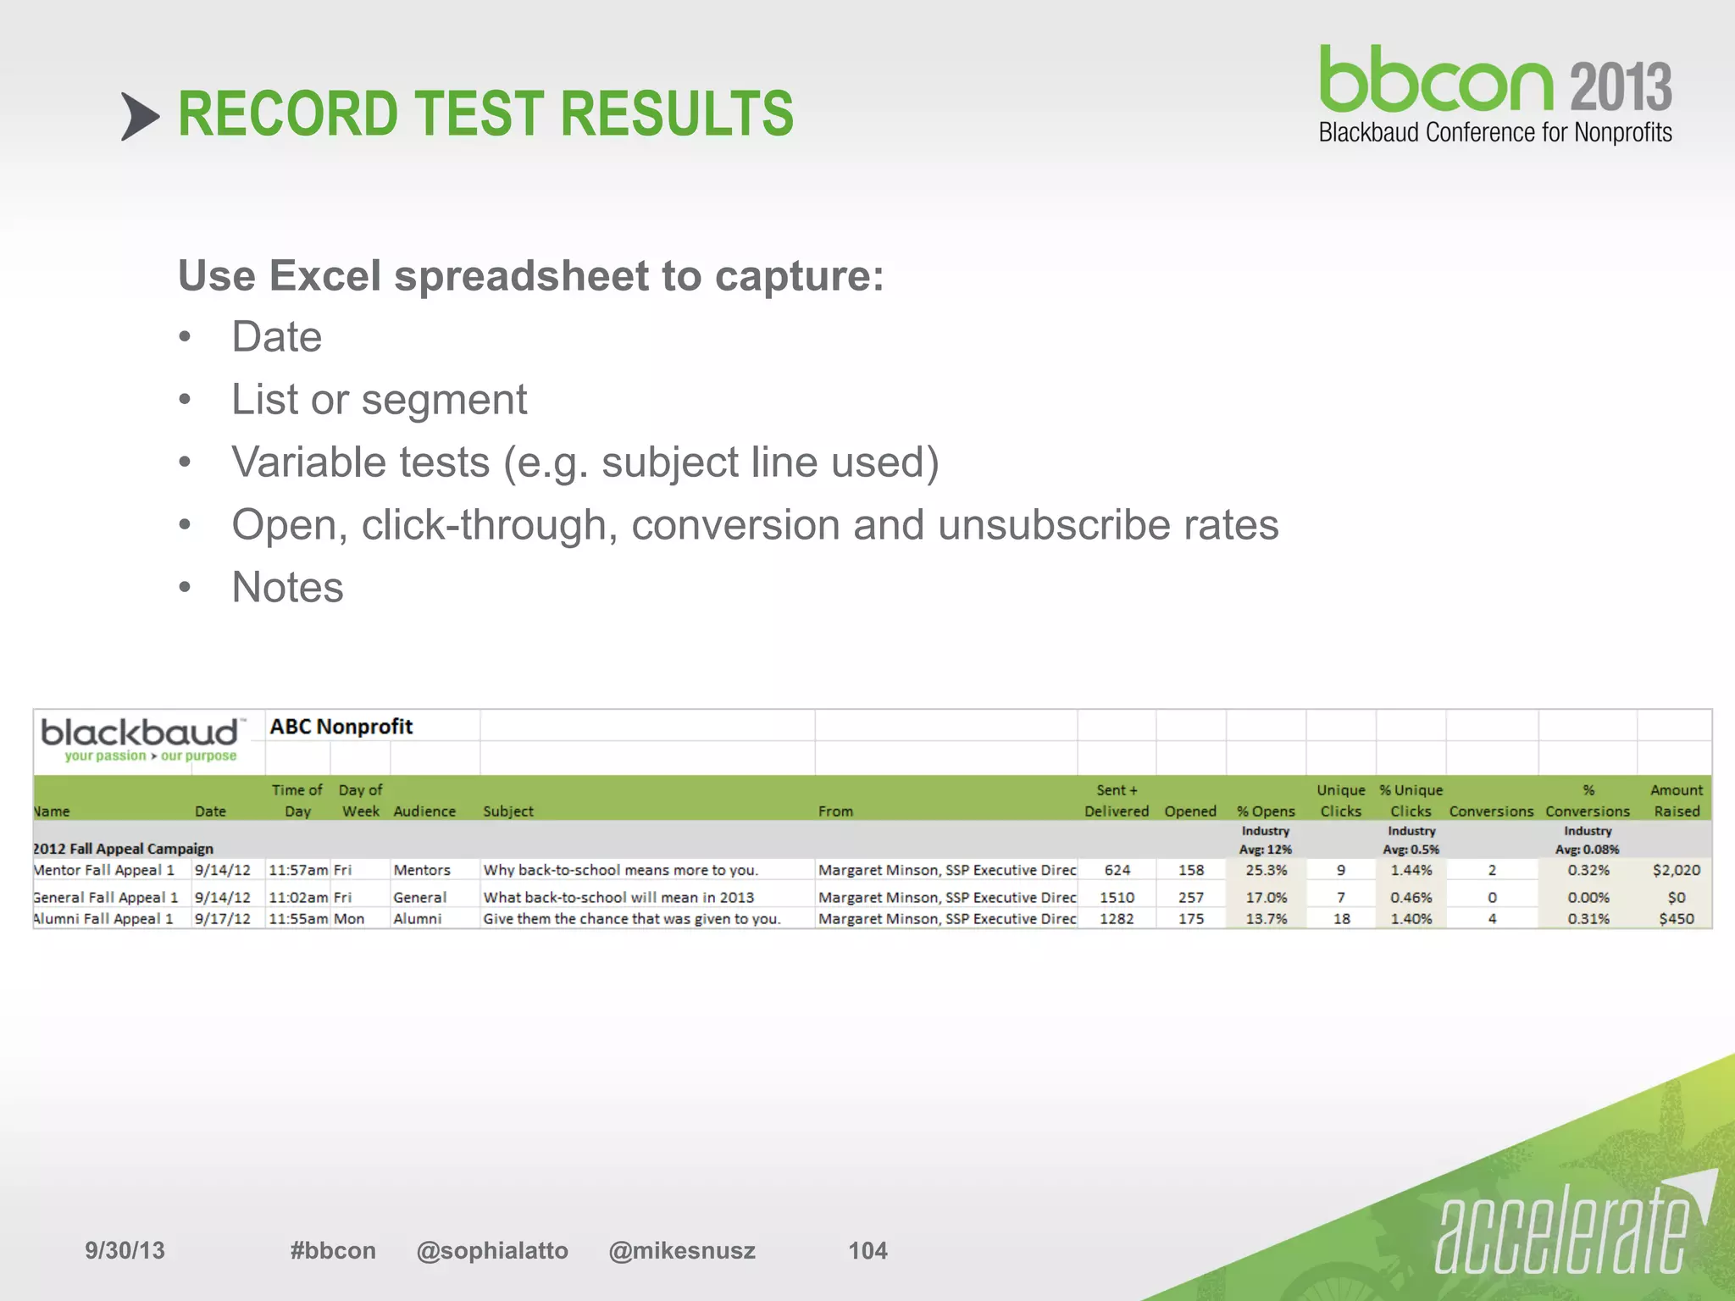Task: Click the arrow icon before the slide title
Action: pyautogui.click(x=140, y=116)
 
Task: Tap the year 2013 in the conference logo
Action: pyautogui.click(x=1621, y=86)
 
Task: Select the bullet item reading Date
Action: pyautogui.click(x=276, y=337)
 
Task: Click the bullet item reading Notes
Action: pyautogui.click(x=287, y=587)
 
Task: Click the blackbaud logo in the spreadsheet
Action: pyautogui.click(x=141, y=739)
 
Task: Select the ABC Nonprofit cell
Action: pyautogui.click(x=341, y=727)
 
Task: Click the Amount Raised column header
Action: pyautogui.click(x=1676, y=800)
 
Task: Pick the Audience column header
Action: pyautogui.click(x=424, y=811)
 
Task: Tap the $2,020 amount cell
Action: pyautogui.click(x=1676, y=870)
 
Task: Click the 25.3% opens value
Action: pyautogui.click(x=1266, y=870)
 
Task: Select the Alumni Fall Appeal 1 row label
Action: pyautogui.click(x=103, y=919)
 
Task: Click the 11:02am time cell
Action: pyautogui.click(x=297, y=897)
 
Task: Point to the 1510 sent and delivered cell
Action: pyautogui.click(x=1117, y=897)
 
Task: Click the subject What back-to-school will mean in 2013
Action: pyautogui.click(x=618, y=897)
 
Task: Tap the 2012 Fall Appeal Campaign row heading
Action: pyautogui.click(x=124, y=849)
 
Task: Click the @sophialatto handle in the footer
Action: pyautogui.click(x=492, y=1250)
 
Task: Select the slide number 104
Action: pyautogui.click(x=867, y=1250)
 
